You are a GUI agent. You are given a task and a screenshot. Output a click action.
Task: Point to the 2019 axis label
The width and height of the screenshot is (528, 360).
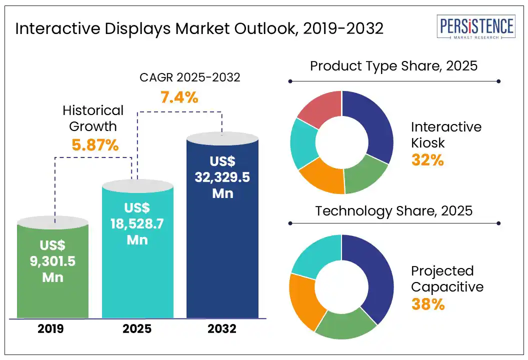pyautogui.click(x=52, y=329)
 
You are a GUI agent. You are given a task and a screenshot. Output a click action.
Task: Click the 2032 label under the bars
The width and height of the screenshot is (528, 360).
pyautogui.click(x=222, y=329)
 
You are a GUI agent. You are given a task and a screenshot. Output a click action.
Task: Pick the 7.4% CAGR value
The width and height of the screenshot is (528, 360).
pyautogui.click(x=179, y=97)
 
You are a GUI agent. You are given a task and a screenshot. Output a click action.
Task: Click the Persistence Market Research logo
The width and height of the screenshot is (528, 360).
pyautogui.click(x=475, y=28)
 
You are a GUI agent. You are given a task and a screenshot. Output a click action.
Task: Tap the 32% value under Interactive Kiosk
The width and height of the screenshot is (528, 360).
pyautogui.click(x=427, y=160)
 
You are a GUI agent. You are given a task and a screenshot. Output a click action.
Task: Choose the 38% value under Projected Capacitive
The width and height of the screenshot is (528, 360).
pyautogui.click(x=428, y=304)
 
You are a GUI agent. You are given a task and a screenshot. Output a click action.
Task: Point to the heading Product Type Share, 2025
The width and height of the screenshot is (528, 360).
pyautogui.click(x=393, y=66)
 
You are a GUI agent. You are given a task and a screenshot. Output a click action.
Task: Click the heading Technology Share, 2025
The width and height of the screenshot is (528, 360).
pyautogui.click(x=393, y=210)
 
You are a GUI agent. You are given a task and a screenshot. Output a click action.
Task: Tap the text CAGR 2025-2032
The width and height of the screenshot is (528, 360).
pyautogui.click(x=189, y=77)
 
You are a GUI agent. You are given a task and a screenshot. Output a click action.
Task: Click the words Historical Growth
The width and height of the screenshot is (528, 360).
pyautogui.click(x=93, y=118)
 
